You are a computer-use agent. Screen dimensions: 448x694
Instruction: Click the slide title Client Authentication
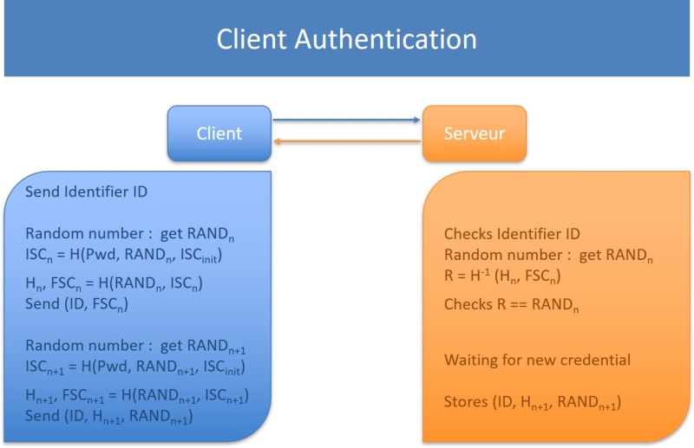coord(346,39)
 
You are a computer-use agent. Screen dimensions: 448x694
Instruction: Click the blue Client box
coord(219,133)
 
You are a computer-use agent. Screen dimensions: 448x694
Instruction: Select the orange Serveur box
coord(474,133)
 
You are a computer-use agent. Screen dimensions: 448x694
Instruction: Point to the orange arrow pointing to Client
coord(347,142)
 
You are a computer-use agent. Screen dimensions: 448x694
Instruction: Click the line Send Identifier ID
coord(87,192)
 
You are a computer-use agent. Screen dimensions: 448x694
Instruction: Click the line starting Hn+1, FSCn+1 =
coord(137,395)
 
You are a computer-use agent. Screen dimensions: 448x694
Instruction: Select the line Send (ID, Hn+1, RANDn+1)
coord(108,416)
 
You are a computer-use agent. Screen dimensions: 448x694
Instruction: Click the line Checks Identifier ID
coord(512,234)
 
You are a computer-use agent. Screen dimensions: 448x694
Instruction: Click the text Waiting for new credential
coord(538,360)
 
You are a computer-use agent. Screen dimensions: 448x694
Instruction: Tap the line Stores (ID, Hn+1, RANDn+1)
coord(533,402)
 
